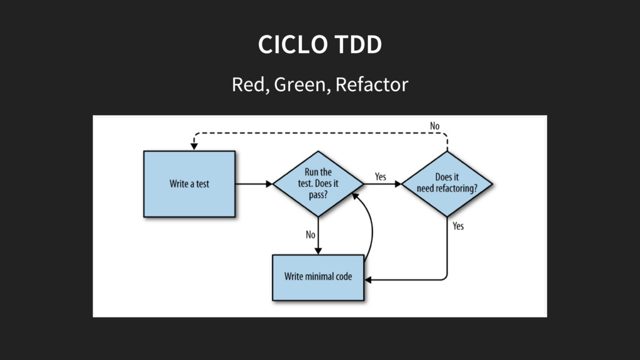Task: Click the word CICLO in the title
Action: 292,44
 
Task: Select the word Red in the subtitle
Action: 251,84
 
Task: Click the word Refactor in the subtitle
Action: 372,84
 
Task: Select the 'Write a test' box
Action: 189,184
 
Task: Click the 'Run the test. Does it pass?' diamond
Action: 318,184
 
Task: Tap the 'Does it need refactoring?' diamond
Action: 447,184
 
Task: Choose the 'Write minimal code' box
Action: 318,277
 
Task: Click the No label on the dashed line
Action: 435,126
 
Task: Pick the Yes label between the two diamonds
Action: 381,177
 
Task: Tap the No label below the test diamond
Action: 311,235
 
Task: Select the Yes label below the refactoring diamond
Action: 458,226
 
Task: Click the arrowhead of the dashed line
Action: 194,146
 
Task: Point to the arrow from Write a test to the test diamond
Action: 254,184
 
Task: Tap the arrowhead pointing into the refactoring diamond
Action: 398,184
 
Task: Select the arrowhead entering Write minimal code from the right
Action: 367,280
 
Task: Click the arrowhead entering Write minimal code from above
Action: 318,251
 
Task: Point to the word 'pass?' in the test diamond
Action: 318,195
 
